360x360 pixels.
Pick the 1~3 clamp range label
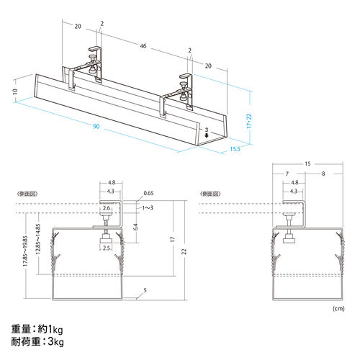pos(147,208)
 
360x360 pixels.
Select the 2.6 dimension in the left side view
pos(107,208)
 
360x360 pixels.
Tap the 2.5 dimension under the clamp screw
pos(107,248)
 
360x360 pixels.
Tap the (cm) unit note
pos(338,308)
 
